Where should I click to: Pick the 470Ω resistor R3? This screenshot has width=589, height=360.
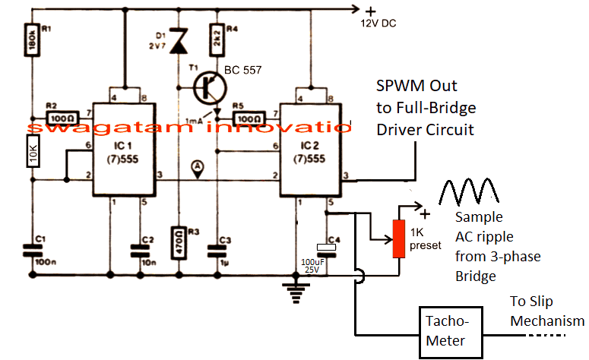(x=179, y=243)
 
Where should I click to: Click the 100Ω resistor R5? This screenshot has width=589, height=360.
(x=248, y=118)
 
